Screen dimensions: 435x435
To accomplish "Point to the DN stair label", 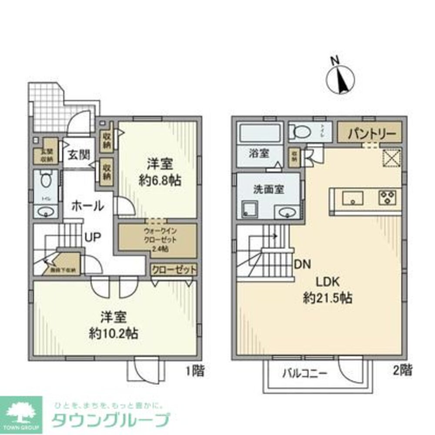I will coord(302,264).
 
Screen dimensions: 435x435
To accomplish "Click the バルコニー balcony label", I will coord(304,373).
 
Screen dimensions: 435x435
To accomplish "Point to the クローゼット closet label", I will coord(174,270).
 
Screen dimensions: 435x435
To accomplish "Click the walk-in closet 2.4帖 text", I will coord(161,249).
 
